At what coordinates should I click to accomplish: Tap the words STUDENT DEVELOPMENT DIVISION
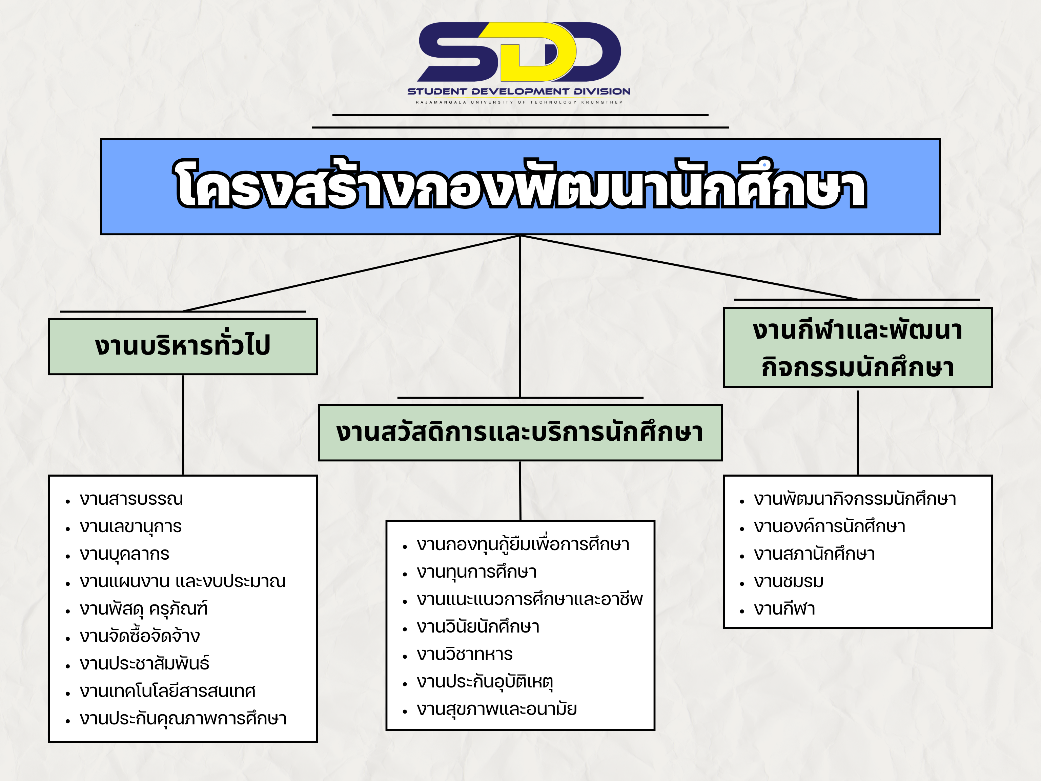tap(518, 91)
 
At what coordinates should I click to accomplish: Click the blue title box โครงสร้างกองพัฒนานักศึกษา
tap(520, 187)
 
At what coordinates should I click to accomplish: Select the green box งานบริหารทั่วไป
tap(183, 346)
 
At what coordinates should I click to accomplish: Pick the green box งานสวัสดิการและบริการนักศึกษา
tap(520, 433)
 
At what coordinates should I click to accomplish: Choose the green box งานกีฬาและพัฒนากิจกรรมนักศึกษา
tap(857, 347)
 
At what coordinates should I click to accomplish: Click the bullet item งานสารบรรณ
tap(131, 499)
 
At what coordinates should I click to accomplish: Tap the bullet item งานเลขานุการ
tap(130, 527)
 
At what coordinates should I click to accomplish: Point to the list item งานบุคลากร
tap(124, 554)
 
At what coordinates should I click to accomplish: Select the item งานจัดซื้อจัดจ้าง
tap(140, 636)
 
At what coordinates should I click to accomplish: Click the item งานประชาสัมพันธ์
tap(144, 663)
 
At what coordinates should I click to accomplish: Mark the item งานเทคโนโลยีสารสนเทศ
tap(167, 691)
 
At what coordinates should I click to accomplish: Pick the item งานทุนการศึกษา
tap(477, 572)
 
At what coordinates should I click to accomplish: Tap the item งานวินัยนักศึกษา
tap(478, 626)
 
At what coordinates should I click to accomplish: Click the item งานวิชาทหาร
tap(465, 654)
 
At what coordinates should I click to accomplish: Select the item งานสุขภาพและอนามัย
tap(496, 709)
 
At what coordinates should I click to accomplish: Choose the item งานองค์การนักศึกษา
tap(829, 526)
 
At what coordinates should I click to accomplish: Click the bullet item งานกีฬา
tap(784, 609)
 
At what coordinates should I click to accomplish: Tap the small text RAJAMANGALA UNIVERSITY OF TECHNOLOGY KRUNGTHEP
tap(518, 102)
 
